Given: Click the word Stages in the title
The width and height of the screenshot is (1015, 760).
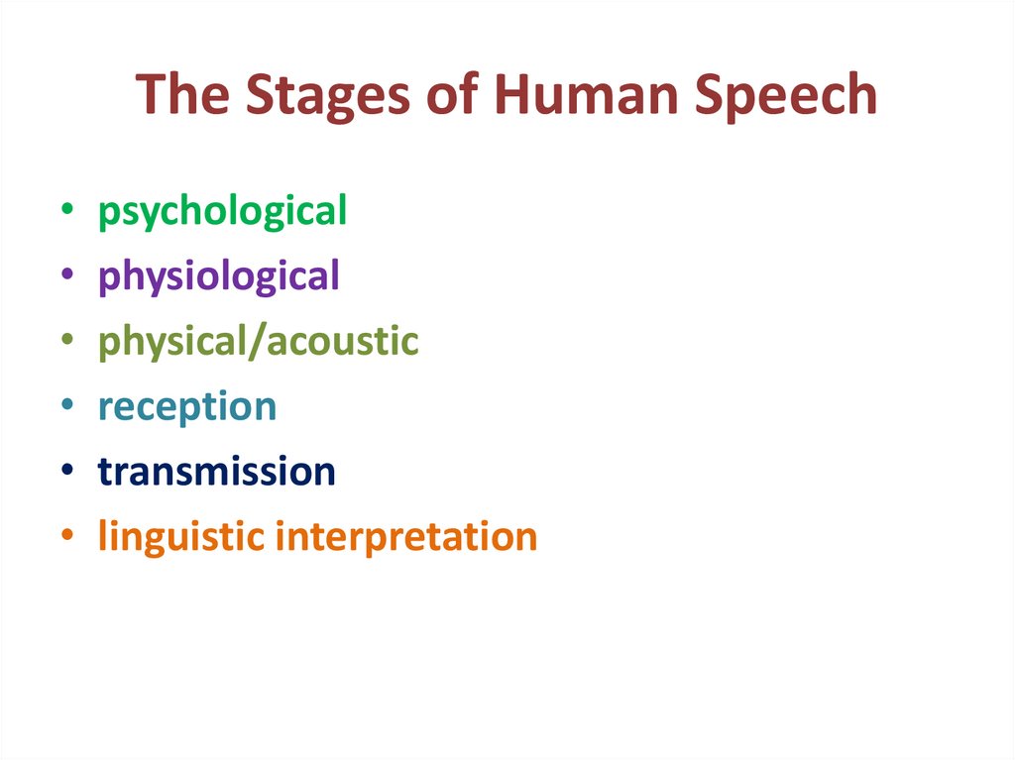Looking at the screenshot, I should (319, 95).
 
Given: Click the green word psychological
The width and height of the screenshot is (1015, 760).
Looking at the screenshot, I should (222, 213).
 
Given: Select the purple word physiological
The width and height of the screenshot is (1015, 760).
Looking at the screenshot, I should (219, 277).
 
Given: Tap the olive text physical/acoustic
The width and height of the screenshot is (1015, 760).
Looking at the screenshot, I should (258, 342).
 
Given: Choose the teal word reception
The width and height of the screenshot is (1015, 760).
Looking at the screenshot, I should (187, 407).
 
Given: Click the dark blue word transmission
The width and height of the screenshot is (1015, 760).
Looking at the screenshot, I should (217, 472).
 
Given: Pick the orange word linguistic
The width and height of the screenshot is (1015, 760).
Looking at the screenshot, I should (180, 537).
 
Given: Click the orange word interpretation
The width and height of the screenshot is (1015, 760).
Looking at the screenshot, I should (406, 537).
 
